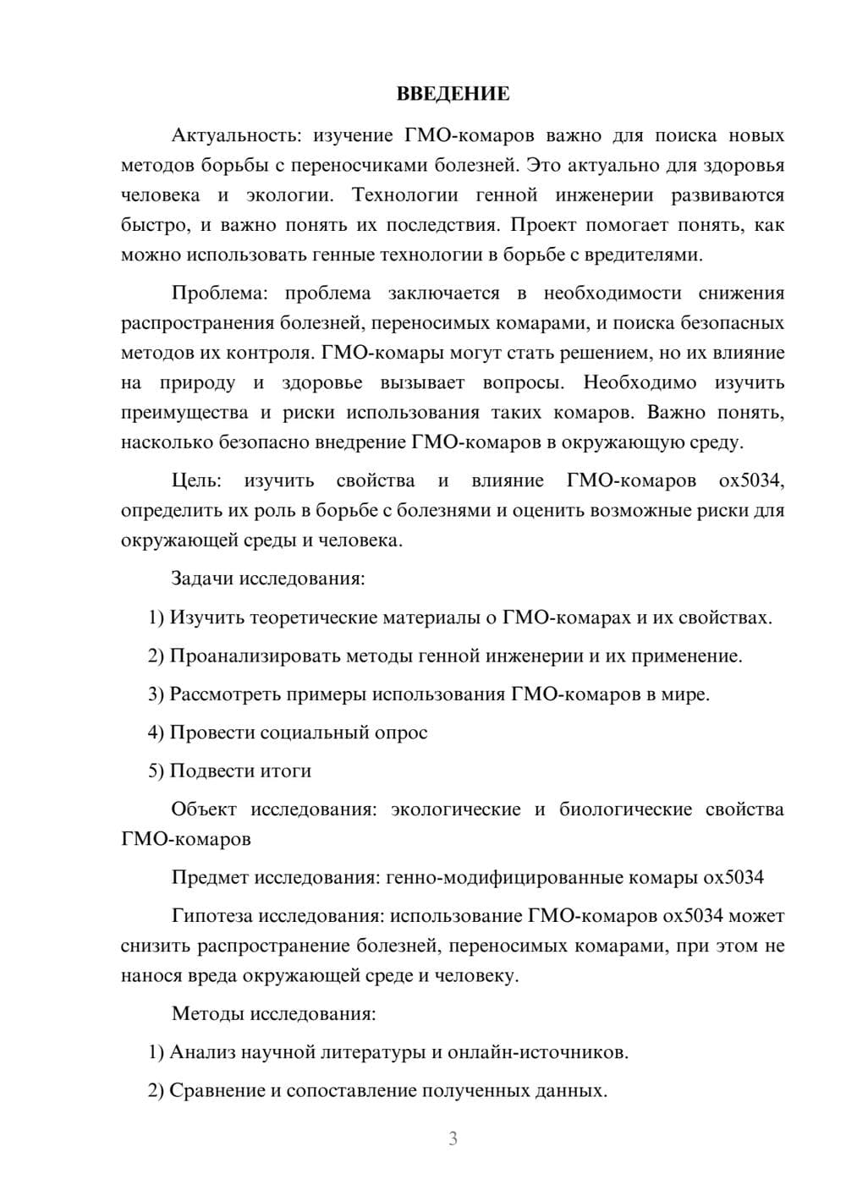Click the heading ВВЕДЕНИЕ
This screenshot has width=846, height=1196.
453,94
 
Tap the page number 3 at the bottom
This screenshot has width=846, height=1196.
453,1138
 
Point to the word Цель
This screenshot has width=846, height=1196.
196,481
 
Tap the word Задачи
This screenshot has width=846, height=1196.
203,579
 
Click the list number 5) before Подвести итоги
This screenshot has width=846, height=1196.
156,771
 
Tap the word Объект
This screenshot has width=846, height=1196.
204,809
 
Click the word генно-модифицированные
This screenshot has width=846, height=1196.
504,877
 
